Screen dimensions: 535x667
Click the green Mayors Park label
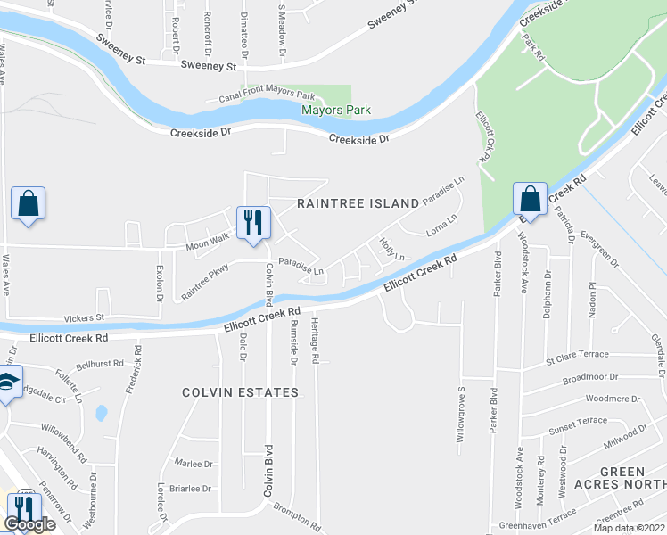[335, 111]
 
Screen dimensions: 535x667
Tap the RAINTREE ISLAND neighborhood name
[358, 203]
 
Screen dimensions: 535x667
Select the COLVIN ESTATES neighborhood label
[240, 392]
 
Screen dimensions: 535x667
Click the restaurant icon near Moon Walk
[253, 222]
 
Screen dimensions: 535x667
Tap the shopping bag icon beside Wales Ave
[28, 203]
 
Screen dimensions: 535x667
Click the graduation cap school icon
[7, 384]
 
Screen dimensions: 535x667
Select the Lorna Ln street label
[441, 223]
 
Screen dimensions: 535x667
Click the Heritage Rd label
[315, 342]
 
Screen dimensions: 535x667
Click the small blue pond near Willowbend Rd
[101, 413]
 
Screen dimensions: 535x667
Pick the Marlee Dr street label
[194, 464]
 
